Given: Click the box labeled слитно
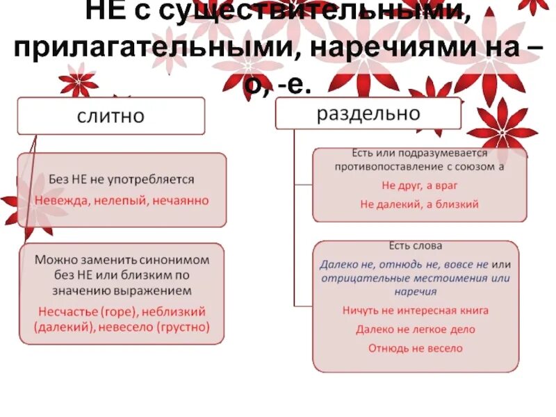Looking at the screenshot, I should pyautogui.click(x=111, y=115).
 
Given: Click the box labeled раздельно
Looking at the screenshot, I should pyautogui.click(x=368, y=113).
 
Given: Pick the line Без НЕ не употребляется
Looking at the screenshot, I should pyautogui.click(x=122, y=179).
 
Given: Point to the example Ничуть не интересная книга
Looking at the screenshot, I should pyautogui.click(x=416, y=311).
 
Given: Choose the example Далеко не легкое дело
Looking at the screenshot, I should pyautogui.click(x=416, y=329).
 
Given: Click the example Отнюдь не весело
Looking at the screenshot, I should pyautogui.click(x=416, y=348).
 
